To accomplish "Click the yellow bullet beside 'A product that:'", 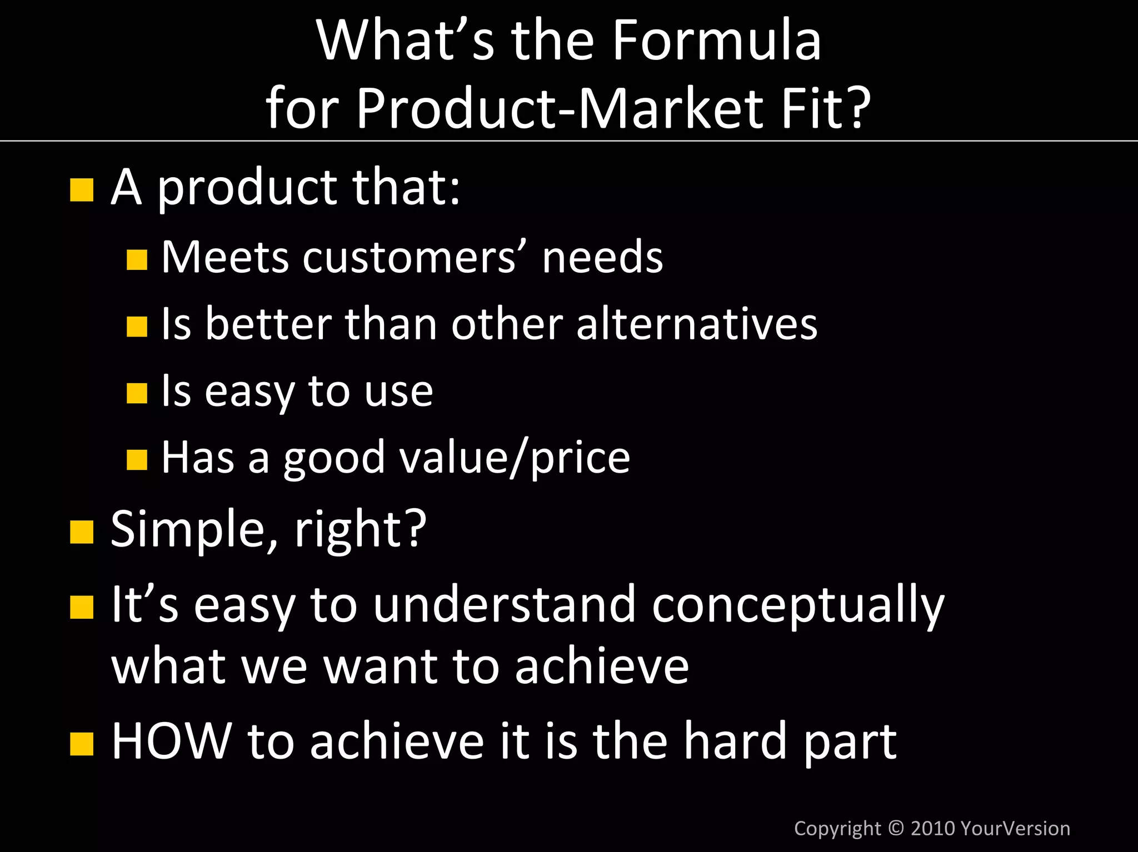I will click(x=82, y=190).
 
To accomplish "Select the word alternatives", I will click(x=697, y=324).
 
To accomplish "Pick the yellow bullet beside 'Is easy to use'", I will click(x=137, y=393).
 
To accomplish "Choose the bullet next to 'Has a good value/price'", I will click(x=137, y=460).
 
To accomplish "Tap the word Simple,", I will click(x=194, y=530).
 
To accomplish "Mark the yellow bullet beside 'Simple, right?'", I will click(x=82, y=532).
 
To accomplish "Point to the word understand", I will click(x=504, y=604).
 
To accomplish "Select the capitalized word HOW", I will click(x=172, y=741).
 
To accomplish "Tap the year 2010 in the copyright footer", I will click(x=932, y=828).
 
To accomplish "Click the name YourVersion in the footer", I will click(x=1015, y=828).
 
